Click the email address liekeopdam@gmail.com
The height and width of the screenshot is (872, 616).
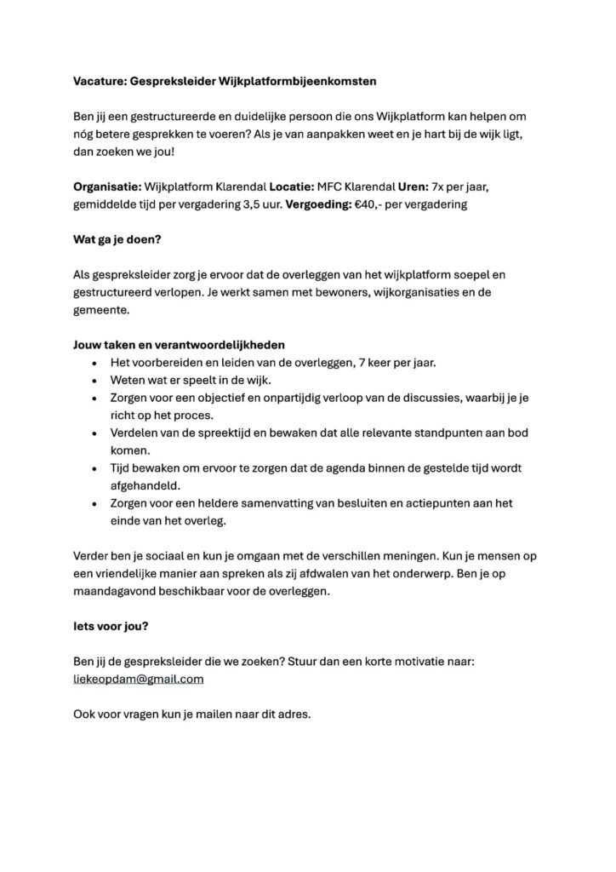pos(139,679)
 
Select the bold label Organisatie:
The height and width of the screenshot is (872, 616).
pos(106,186)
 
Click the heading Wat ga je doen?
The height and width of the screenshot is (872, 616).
pos(117,239)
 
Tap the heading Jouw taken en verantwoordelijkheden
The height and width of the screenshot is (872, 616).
pos(178,345)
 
